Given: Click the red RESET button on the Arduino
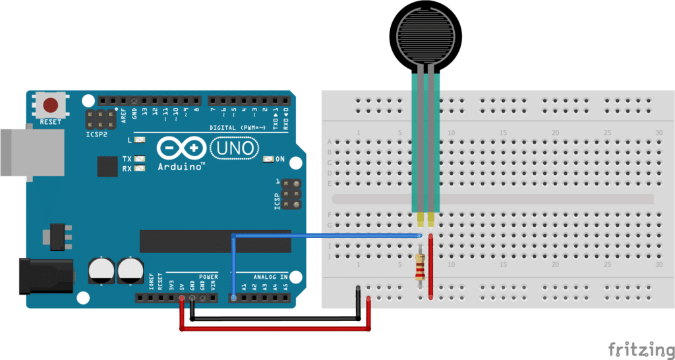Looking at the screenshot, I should pos(51,105).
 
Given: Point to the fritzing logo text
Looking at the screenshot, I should pos(636,347).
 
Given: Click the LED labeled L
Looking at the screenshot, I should pos(139,140).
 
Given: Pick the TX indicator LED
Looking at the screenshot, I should pos(139,159).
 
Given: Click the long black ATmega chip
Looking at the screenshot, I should pos(215,242).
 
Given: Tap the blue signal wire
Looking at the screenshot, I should pos(323,235).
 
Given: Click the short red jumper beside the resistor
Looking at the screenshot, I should pos(431,266).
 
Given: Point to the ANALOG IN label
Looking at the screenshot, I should pos(270,276).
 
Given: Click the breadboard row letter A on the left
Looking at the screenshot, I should pos(330,142).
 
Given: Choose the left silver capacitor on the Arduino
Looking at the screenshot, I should pos(102,270).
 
